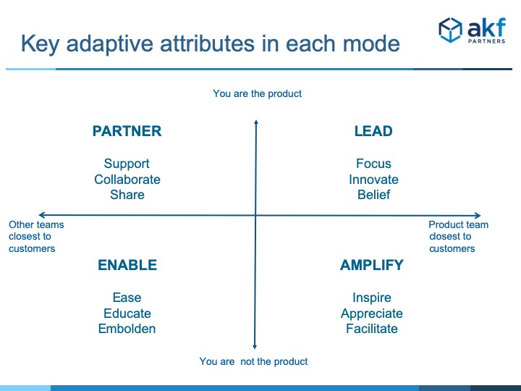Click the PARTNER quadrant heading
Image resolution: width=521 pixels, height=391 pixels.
tap(127, 131)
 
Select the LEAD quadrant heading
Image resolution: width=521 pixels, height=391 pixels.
tap(373, 131)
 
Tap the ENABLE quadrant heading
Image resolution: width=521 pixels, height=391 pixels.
tap(127, 265)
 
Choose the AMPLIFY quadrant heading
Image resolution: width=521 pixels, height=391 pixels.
tap(372, 265)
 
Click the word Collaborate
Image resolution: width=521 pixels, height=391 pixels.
tap(127, 180)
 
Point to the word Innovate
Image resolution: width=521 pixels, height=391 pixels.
tap(373, 180)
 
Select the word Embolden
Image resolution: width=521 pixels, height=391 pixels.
tap(127, 329)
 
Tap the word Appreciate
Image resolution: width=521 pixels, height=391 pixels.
tap(372, 314)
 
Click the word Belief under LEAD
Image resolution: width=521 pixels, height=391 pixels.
tap(374, 195)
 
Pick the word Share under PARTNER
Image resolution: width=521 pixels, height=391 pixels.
tap(127, 195)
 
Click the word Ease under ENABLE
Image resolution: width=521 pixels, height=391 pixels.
tap(127, 298)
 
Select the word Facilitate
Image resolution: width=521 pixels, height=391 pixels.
tap(372, 329)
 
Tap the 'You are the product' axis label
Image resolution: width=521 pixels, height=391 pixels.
tap(257, 93)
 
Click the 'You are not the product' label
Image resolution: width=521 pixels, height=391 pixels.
tap(253, 361)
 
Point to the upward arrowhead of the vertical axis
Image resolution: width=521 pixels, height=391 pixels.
tap(256, 122)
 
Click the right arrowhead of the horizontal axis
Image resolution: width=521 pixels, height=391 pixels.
tap(478, 216)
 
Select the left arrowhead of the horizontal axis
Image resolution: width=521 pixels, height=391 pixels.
tap(41, 215)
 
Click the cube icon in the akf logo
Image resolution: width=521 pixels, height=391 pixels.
tap(450, 30)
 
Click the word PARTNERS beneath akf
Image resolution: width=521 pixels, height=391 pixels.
tap(486, 41)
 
